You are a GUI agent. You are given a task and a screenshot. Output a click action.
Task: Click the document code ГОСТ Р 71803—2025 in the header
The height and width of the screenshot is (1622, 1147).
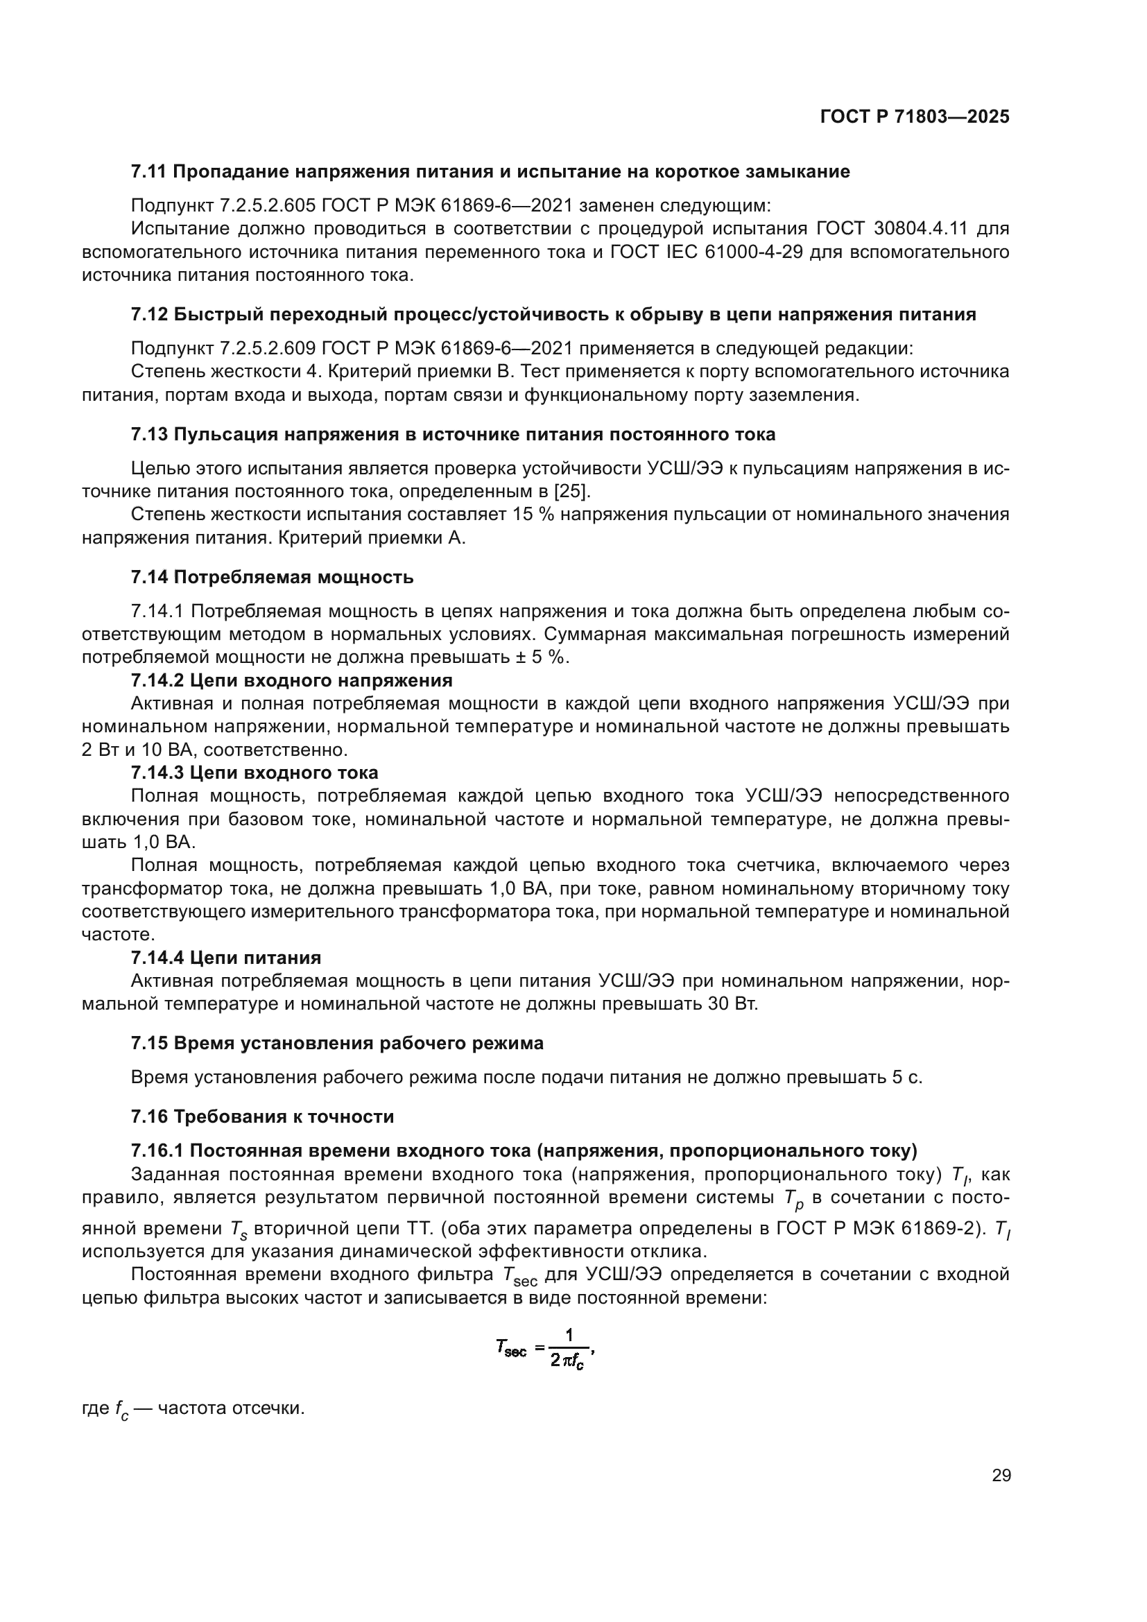tap(915, 117)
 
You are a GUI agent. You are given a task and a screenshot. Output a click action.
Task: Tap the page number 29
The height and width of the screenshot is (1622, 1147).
tap(1001, 1476)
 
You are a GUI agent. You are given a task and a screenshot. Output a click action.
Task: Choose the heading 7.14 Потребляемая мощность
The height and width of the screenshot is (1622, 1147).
tap(272, 577)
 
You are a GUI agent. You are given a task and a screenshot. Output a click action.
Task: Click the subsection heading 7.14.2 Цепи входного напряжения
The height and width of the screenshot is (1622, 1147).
tap(291, 680)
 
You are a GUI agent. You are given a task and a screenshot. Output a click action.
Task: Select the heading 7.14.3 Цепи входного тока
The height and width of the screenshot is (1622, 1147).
tap(255, 772)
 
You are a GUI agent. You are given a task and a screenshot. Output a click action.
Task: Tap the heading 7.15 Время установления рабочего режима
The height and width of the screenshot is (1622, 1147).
tap(337, 1044)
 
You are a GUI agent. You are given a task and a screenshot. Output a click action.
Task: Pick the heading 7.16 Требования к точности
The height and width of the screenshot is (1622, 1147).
tap(262, 1117)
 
